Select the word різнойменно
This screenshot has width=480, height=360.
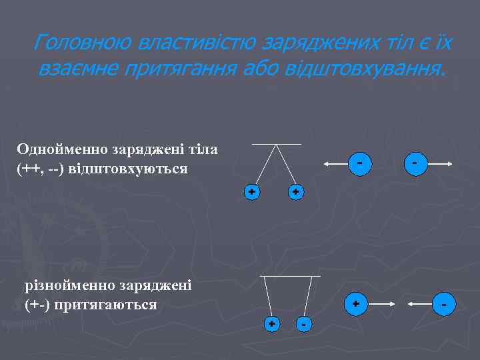click(x=70, y=286)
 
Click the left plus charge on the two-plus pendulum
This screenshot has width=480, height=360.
click(x=251, y=192)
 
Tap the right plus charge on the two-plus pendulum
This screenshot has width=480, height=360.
click(x=296, y=192)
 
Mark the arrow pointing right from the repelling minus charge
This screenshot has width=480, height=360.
click(x=440, y=164)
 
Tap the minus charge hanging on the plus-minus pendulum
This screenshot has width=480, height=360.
click(x=303, y=325)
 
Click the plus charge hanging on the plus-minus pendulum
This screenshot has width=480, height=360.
click(x=272, y=324)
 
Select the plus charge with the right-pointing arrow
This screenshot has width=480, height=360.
click(x=355, y=303)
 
